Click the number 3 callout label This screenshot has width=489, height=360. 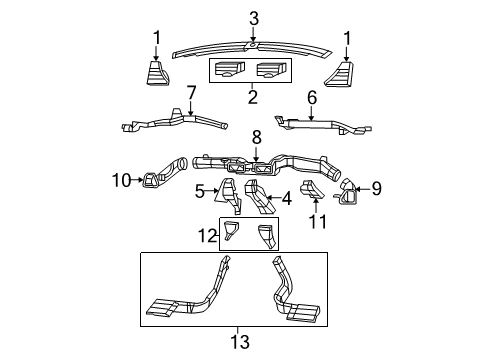[x=254, y=17]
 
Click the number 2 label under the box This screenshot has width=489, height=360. [x=252, y=98]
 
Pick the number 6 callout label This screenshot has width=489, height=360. [x=311, y=97]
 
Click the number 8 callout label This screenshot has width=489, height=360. [x=256, y=136]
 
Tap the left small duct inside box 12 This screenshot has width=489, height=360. [x=231, y=234]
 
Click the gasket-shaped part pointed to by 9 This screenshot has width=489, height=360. [x=351, y=191]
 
